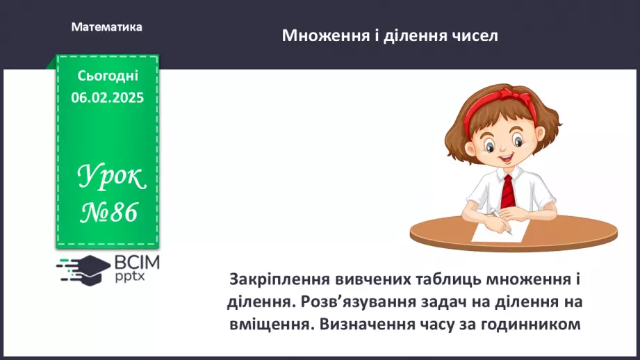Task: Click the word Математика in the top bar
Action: tap(106, 27)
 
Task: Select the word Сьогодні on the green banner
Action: tap(108, 76)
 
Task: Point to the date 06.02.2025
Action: tap(108, 98)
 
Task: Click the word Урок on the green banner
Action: tap(111, 179)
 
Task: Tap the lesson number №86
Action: tap(109, 212)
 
